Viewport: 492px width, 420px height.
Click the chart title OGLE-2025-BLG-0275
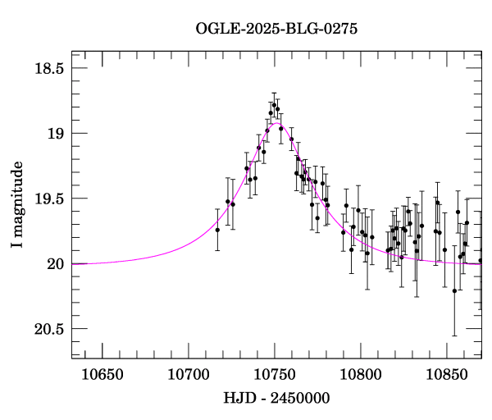[x=276, y=28]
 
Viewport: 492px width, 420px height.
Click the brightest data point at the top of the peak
[x=275, y=104]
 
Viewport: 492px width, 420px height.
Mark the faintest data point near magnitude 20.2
[x=454, y=290]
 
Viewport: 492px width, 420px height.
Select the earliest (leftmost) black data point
[x=217, y=230]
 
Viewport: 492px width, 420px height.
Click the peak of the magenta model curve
[x=276, y=123]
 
